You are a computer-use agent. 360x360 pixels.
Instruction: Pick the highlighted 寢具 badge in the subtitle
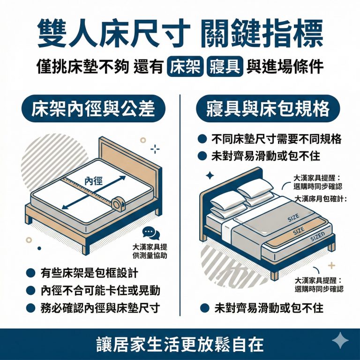click(x=224, y=67)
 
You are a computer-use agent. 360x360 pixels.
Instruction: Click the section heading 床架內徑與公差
click(x=92, y=109)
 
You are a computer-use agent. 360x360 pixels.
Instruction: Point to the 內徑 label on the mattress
click(x=94, y=181)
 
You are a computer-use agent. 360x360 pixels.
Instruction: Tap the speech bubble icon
click(x=151, y=233)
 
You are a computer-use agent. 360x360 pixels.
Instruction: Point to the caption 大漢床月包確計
click(x=320, y=199)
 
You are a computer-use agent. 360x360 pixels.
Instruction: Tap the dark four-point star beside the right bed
click(x=210, y=176)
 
